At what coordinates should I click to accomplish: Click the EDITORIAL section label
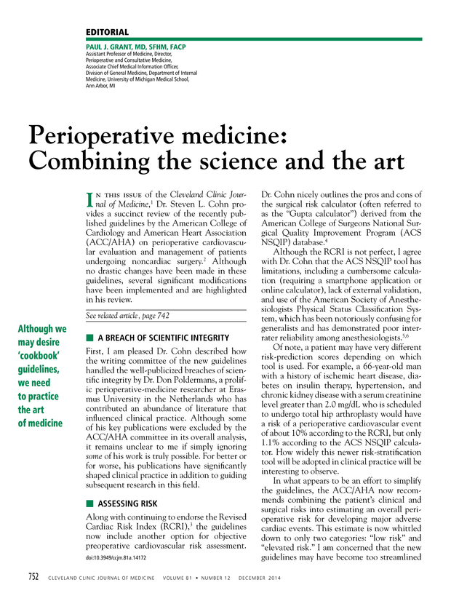(x=107, y=33)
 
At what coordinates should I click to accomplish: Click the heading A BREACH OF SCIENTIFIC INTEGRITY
(x=163, y=338)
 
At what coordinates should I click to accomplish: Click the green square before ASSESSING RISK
(x=89, y=503)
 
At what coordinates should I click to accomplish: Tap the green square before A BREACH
(x=89, y=338)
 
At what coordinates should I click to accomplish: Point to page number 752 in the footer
(x=33, y=578)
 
